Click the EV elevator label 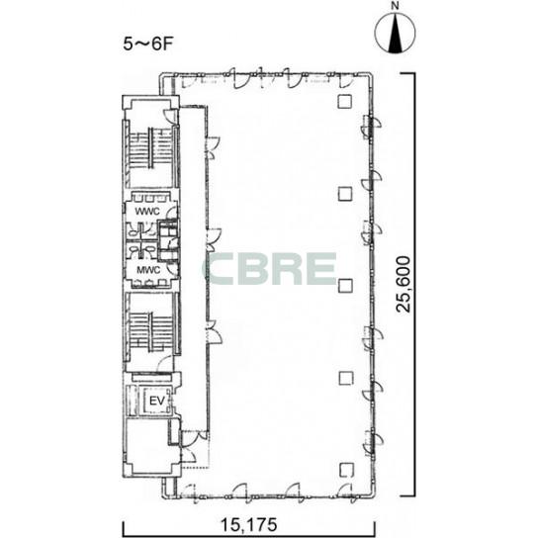coord(157,401)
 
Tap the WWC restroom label coord(147,212)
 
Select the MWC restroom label coord(148,270)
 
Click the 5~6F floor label coord(147,44)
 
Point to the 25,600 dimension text coord(403,284)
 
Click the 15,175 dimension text coord(248,524)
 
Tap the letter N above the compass coord(396,6)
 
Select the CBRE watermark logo coord(270,269)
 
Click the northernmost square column coord(344,101)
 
